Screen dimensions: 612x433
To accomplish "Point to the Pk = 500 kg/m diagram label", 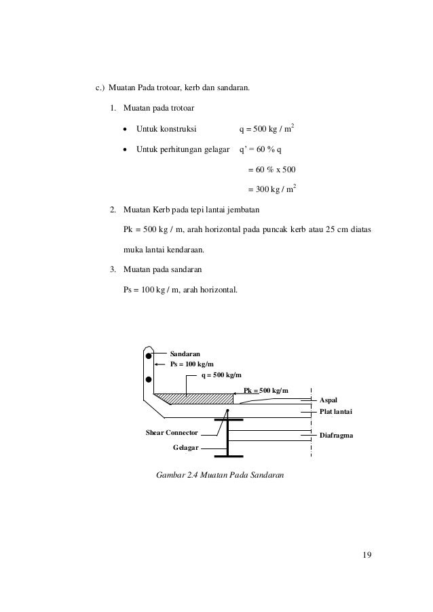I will pyautogui.click(x=266, y=390).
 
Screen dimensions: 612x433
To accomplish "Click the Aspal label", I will pyautogui.click(x=328, y=401).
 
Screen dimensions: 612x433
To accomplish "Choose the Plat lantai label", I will pyautogui.click(x=337, y=412).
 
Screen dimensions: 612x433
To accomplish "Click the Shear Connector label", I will pyautogui.click(x=172, y=432).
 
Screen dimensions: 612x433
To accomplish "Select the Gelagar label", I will pyautogui.click(x=187, y=448).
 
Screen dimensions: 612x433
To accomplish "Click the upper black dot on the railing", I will pyautogui.click(x=149, y=355).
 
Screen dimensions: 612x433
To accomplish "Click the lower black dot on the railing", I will pyautogui.click(x=149, y=379).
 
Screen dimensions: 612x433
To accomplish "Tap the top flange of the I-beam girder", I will pyautogui.click(x=229, y=419).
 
